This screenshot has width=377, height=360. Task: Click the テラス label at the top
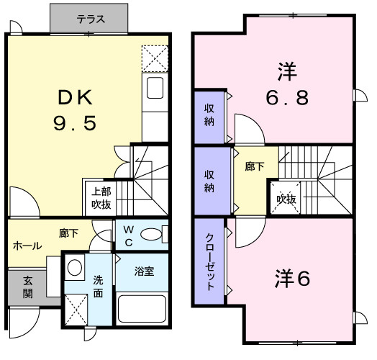pyautogui.click(x=90, y=19)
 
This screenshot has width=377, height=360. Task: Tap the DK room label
pyautogui.click(x=74, y=96)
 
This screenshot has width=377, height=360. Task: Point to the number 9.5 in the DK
pyautogui.click(x=73, y=124)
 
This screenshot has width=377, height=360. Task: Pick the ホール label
pyautogui.click(x=27, y=246)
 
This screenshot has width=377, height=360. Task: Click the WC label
pyautogui.click(x=128, y=235)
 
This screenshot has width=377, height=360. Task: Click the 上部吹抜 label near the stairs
pyautogui.click(x=100, y=197)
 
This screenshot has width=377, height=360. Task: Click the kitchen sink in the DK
pyautogui.click(x=155, y=89)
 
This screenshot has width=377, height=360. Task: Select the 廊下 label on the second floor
pyautogui.click(x=254, y=167)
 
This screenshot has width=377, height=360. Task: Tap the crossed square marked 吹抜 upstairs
pyautogui.click(x=282, y=199)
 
